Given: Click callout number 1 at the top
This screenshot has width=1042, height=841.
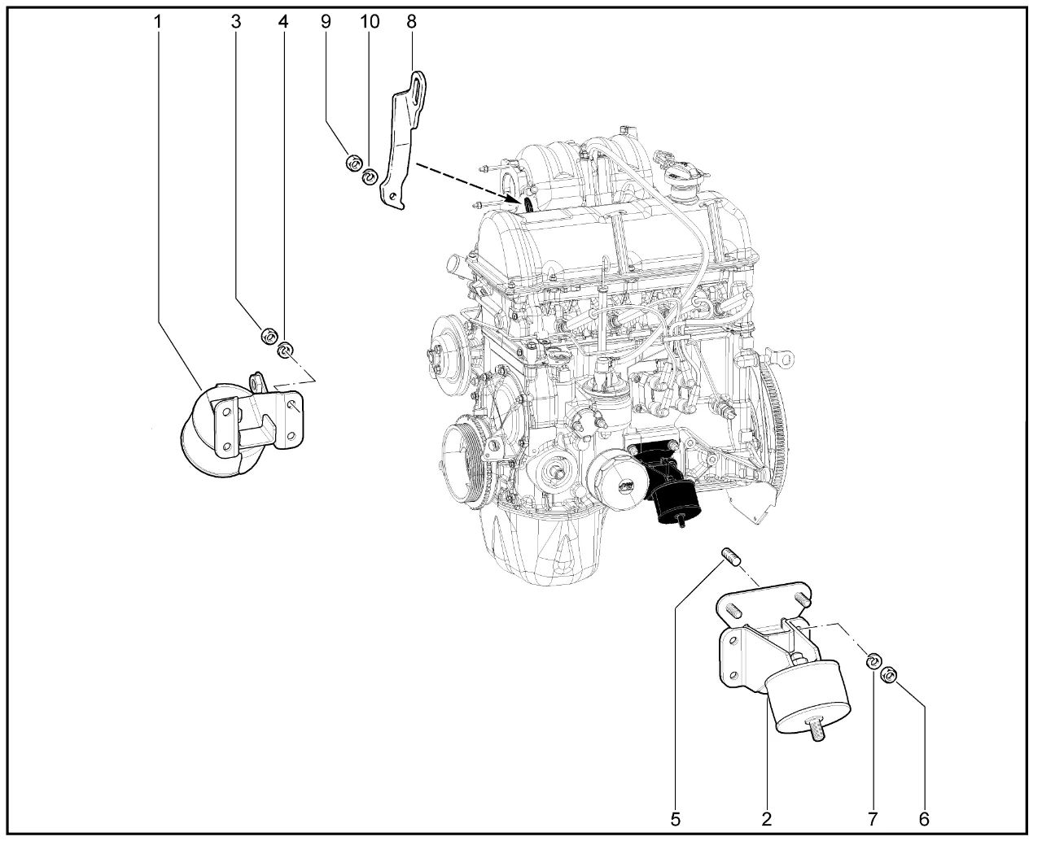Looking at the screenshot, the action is click(x=158, y=21).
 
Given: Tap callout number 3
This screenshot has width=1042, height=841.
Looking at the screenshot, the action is click(x=236, y=21).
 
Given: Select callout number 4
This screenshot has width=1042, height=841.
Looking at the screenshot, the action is click(x=283, y=21).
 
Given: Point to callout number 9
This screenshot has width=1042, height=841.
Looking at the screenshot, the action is click(x=326, y=21).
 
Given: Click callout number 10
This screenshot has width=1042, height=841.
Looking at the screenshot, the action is click(x=370, y=21).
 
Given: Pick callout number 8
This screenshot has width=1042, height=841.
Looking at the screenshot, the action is click(x=411, y=21).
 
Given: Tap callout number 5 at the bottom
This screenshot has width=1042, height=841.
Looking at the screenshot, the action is click(x=676, y=820).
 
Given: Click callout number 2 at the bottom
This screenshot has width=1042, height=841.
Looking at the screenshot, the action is click(x=767, y=820).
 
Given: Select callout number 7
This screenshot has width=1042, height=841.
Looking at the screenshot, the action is click(x=873, y=820).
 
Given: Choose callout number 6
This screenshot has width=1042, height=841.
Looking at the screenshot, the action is click(x=924, y=820).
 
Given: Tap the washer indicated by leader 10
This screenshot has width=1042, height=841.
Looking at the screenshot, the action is click(x=370, y=176).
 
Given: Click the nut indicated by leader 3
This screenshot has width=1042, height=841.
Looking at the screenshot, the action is click(x=269, y=336).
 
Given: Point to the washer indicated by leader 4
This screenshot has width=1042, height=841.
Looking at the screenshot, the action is click(x=285, y=350).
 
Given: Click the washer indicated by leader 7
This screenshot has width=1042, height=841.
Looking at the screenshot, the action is click(x=873, y=662).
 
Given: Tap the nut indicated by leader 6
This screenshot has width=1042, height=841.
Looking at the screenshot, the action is click(x=888, y=677).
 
